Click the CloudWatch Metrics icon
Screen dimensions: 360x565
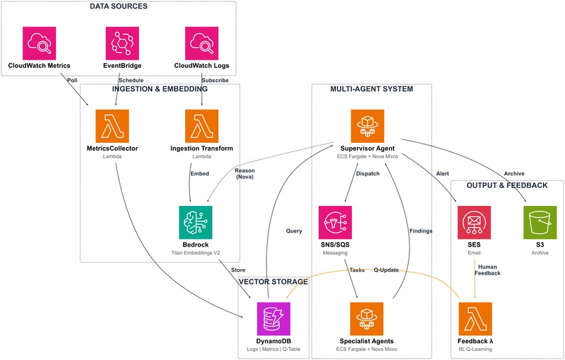(x=39, y=43)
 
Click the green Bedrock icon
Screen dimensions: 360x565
(x=196, y=222)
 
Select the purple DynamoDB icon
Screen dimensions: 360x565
(x=273, y=319)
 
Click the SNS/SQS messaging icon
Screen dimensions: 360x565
(x=335, y=222)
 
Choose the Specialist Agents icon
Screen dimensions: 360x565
(x=367, y=319)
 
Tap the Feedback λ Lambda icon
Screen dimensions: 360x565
(x=475, y=319)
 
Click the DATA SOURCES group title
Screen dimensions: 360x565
(x=118, y=7)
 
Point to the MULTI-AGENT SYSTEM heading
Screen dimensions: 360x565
(x=372, y=90)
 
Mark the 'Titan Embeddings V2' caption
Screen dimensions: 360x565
(x=196, y=251)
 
